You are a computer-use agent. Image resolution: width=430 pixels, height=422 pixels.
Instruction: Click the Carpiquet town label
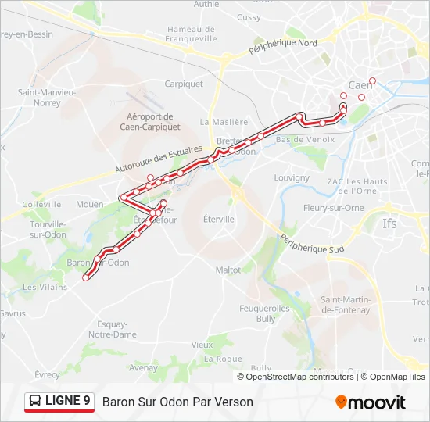(x=184, y=84)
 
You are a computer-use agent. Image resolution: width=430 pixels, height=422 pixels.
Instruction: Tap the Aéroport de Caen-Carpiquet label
(x=150, y=121)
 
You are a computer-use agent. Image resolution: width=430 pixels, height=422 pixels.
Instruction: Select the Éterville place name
(x=218, y=219)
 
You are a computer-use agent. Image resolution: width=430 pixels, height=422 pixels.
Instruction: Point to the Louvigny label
(x=292, y=177)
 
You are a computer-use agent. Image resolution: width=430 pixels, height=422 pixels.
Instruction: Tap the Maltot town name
(x=228, y=270)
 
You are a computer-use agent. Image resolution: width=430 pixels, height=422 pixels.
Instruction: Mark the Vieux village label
(x=202, y=344)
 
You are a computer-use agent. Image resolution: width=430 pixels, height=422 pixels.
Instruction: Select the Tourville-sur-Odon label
(x=47, y=229)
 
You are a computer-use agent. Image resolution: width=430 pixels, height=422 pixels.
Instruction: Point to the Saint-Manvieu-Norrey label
(x=46, y=97)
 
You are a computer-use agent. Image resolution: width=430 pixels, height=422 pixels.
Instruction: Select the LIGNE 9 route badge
(x=59, y=402)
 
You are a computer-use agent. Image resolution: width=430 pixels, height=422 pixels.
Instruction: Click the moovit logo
(x=371, y=402)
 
